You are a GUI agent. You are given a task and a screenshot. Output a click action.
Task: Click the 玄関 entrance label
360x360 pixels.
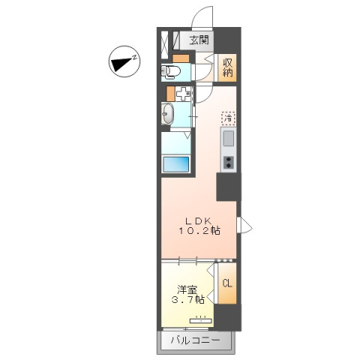click(x=199, y=40)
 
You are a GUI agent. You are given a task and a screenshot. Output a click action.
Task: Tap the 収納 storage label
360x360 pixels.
click(x=228, y=69)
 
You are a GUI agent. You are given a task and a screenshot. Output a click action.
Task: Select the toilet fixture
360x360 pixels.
click(x=170, y=72)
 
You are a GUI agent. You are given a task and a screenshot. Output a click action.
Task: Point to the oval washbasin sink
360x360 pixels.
click(x=169, y=115)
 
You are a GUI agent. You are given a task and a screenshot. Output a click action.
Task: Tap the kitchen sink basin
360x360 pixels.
click(x=228, y=139)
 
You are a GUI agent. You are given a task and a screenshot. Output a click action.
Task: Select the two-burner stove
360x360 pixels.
click(x=228, y=160)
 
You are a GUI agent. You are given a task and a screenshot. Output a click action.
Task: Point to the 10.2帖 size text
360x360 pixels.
click(x=199, y=231)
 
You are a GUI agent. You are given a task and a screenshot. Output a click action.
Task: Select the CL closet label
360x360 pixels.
click(x=226, y=283)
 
